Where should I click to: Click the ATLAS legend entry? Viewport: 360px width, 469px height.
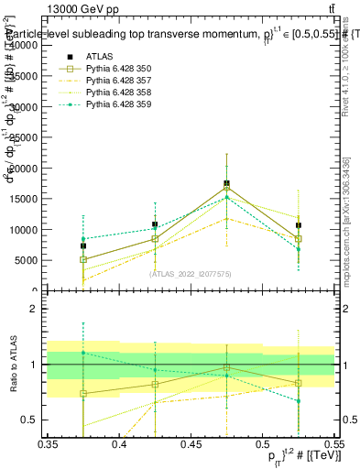(99, 56)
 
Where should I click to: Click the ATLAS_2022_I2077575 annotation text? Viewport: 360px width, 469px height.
(191, 274)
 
